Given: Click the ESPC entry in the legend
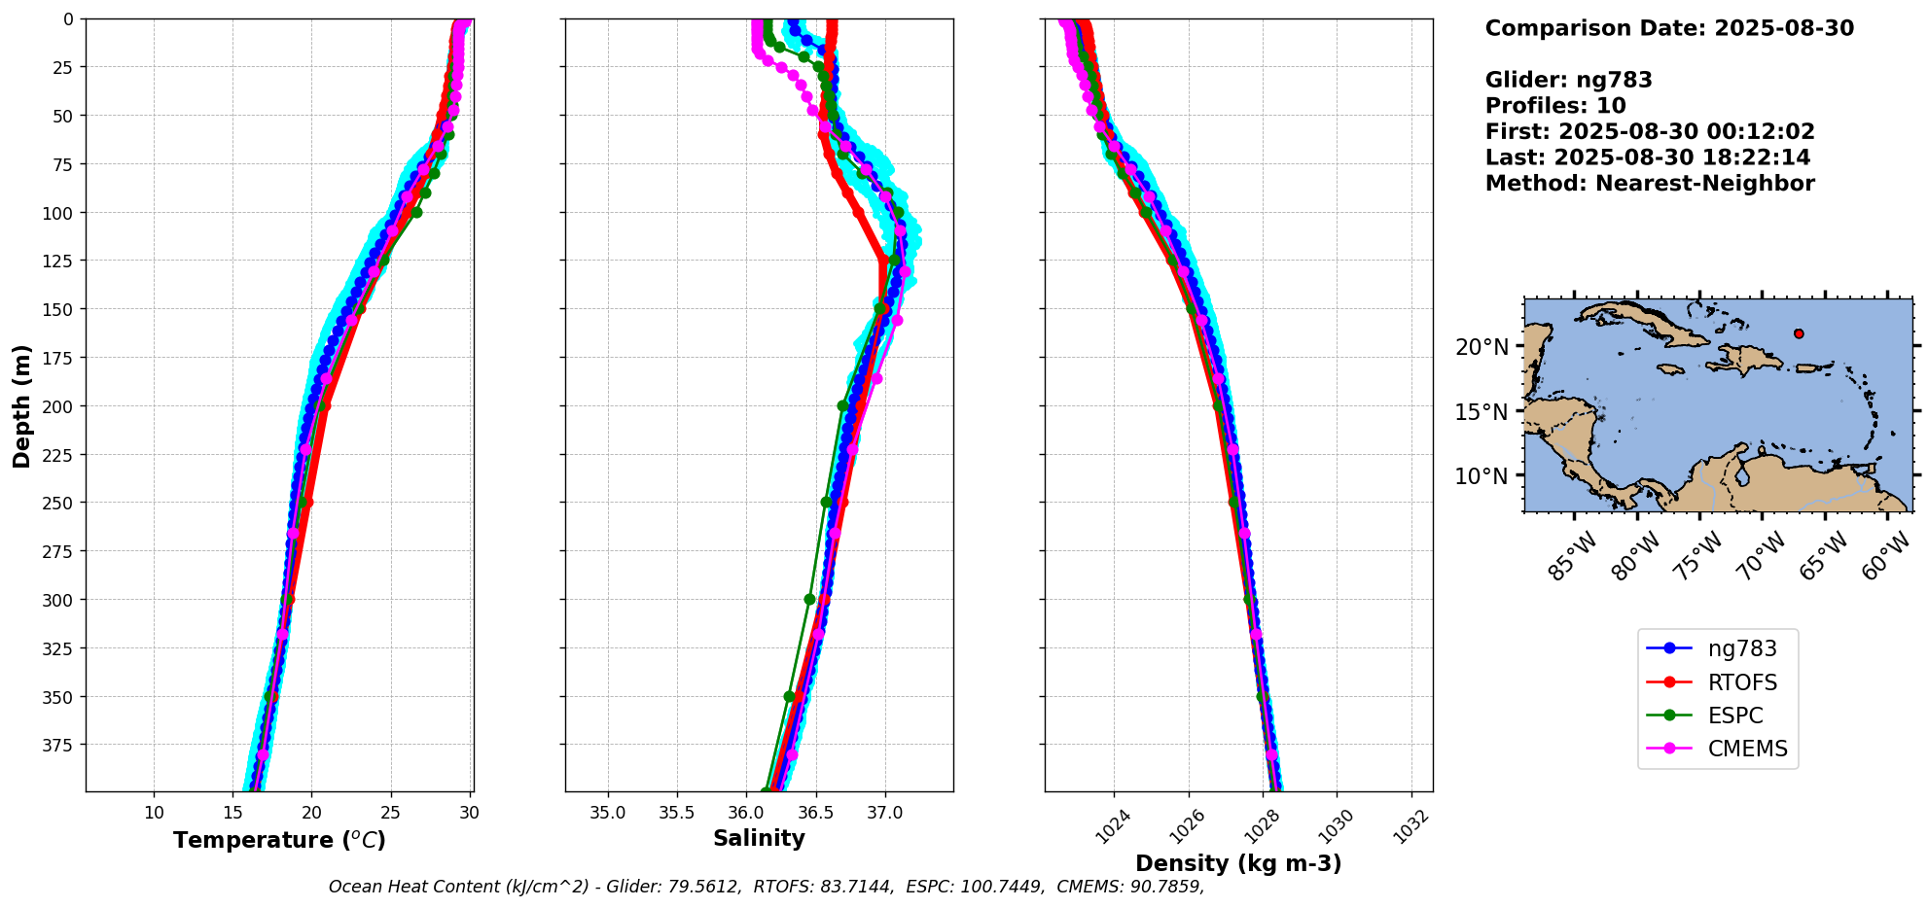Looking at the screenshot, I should (x=1734, y=716).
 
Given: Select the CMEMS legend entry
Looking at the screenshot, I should (x=1747, y=749).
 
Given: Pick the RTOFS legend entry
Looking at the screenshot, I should (x=1741, y=682).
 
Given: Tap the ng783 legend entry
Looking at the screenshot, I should (x=1741, y=648).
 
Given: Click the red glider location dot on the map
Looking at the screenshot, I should (x=1799, y=333).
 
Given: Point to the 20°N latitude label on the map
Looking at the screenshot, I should (x=1482, y=347).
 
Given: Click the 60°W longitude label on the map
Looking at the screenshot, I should (x=1886, y=558).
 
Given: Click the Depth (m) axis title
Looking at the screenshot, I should (x=21, y=405).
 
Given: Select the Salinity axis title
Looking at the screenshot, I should (x=759, y=838).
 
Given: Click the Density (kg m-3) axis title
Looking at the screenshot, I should (x=1238, y=863).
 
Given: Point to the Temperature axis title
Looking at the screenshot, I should (x=279, y=840).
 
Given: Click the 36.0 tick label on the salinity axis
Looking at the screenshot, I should (x=746, y=813).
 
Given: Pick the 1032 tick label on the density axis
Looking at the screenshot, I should (x=1412, y=826).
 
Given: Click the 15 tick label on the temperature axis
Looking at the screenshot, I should (x=233, y=813).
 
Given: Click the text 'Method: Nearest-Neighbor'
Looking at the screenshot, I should (x=1650, y=184).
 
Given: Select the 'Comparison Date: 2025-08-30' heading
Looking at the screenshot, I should (x=1669, y=28).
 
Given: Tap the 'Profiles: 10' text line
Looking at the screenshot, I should (x=1555, y=106).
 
